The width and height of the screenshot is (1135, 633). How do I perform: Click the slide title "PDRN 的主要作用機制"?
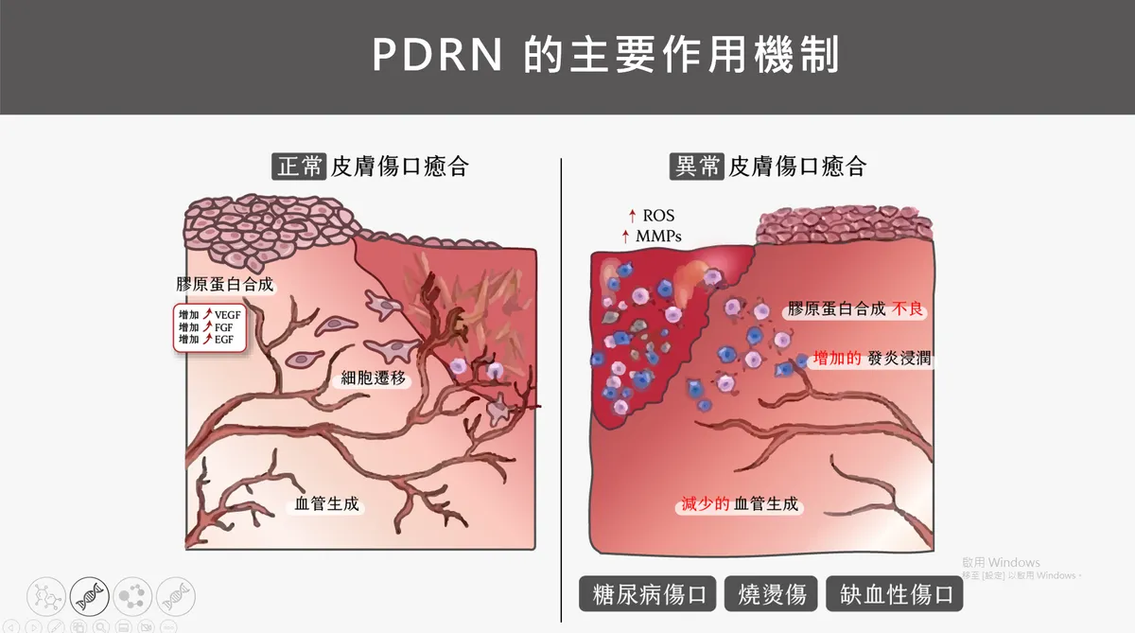click(x=605, y=56)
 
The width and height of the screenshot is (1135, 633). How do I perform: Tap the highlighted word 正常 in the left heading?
click(x=300, y=167)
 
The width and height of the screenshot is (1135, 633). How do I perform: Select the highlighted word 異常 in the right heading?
click(x=696, y=167)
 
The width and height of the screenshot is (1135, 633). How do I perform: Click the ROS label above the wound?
click(x=658, y=217)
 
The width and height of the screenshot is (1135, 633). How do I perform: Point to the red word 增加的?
click(x=836, y=360)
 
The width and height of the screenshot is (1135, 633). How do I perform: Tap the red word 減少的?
click(x=705, y=504)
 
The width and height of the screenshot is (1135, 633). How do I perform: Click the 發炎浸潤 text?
click(x=899, y=360)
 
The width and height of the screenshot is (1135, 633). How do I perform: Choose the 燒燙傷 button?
click(x=771, y=594)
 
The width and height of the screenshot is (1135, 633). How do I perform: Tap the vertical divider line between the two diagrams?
click(x=562, y=378)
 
